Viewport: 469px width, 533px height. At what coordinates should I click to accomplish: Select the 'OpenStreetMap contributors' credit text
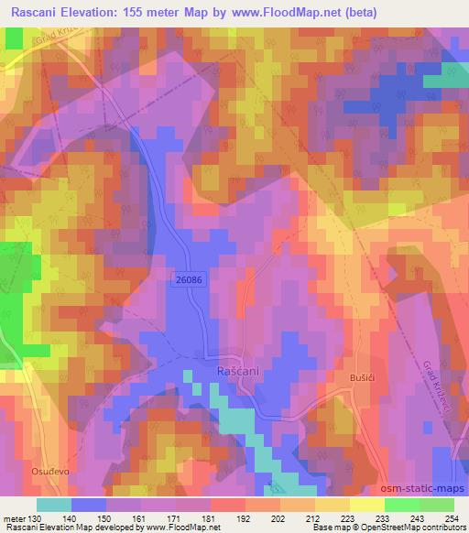point(412,527)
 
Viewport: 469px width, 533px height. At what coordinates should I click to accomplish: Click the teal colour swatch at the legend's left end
point(54,505)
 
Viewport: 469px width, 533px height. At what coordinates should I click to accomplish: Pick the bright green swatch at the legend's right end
point(437,505)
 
